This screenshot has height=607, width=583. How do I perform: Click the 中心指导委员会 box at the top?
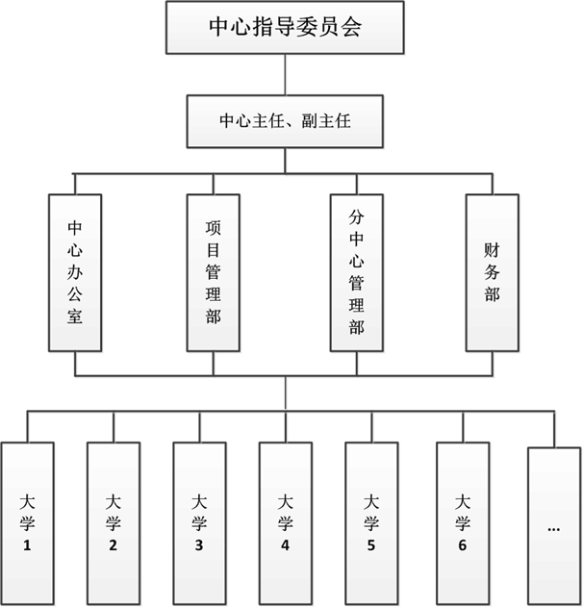pos(285,28)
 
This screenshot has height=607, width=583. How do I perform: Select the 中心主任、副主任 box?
pos(285,121)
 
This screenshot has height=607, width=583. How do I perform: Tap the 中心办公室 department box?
pos(75,273)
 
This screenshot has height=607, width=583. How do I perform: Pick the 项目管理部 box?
pos(214,273)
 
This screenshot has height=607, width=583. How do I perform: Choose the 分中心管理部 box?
pos(357,273)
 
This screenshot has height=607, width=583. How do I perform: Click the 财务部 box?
pos(493,273)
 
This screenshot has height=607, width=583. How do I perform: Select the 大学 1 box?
pos(28,523)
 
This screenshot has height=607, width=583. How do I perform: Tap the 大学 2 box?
pos(114,523)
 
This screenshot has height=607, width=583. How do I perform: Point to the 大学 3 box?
pos(199,523)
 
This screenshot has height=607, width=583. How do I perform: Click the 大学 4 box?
pos(286,523)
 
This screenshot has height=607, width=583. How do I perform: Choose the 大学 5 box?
pos(371,523)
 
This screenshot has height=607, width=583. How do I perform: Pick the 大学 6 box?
pos(463,523)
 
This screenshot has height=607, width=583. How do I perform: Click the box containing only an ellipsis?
pos(554,526)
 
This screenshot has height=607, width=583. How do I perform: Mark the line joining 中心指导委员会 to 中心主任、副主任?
pos(286,75)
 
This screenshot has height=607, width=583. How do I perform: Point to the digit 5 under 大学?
pos(370,545)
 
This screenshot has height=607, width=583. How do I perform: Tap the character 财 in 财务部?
pos(492,250)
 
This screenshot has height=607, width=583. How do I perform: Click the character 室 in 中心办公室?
pos(75,316)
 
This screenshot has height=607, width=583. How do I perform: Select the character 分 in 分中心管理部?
pos(356,216)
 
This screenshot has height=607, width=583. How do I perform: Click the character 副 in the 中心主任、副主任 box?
pos(310,121)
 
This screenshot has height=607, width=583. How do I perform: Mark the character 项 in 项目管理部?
pos(213,228)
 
